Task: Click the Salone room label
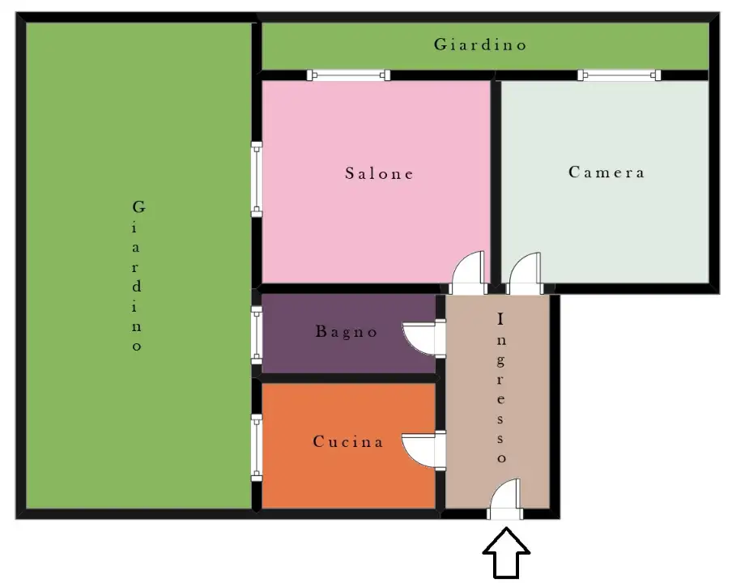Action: tap(379, 173)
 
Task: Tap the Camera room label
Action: tap(606, 172)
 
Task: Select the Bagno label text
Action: tap(346, 331)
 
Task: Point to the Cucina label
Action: tap(348, 441)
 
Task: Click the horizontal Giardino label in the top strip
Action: tap(480, 45)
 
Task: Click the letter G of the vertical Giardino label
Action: tap(138, 206)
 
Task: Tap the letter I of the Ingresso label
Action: tap(500, 319)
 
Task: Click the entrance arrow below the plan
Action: tap(506, 553)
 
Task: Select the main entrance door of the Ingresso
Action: tap(504, 500)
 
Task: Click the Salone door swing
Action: tap(468, 273)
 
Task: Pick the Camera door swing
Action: tap(525, 274)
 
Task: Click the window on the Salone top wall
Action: tap(348, 74)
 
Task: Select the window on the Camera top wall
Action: tap(619, 74)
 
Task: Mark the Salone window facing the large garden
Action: tap(257, 180)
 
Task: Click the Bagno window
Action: tap(257, 335)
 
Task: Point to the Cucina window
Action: tap(257, 448)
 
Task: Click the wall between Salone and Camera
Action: tap(496, 182)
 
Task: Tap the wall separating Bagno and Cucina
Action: tap(349, 378)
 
